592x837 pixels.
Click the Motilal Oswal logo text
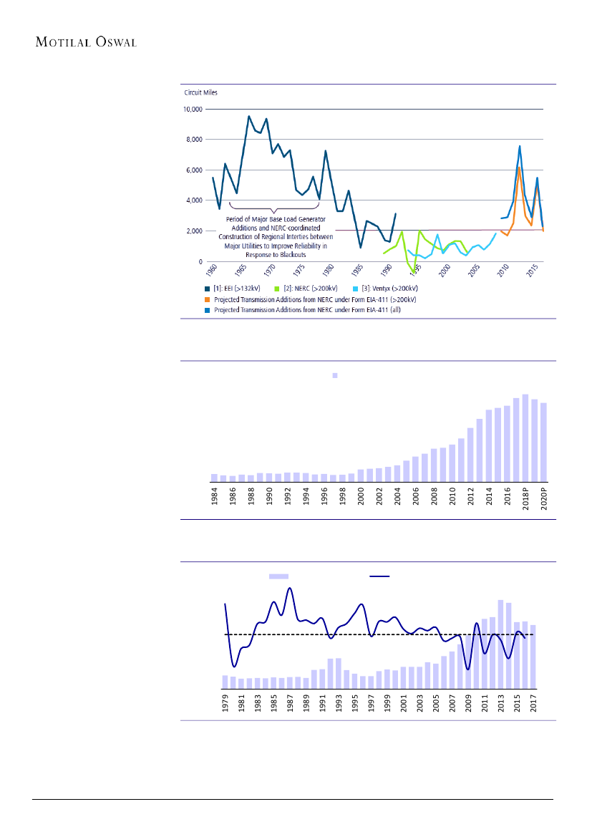point(86,42)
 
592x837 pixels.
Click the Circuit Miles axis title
point(201,92)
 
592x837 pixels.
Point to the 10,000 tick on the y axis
point(194,110)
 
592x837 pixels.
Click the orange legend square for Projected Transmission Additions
point(208,298)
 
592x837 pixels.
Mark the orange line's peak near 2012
point(519,168)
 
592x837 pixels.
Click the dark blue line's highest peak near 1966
point(248,116)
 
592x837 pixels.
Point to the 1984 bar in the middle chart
point(214,478)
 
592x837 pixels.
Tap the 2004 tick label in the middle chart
point(397,496)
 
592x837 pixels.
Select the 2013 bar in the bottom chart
point(500,644)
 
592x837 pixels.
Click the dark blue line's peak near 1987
point(290,589)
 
